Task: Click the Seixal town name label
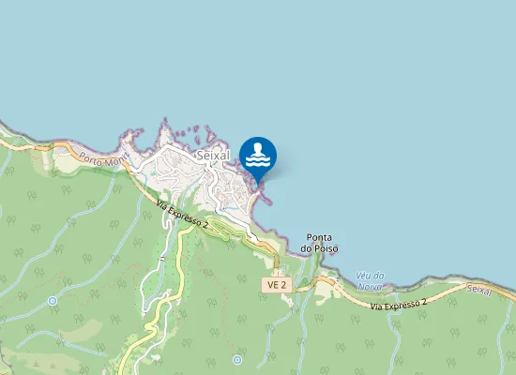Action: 214,155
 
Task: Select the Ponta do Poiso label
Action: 319,243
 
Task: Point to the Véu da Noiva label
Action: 369,280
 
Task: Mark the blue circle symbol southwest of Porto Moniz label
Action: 53,301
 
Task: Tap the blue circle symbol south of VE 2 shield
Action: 237,359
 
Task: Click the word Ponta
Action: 319,237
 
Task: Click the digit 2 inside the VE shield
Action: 281,283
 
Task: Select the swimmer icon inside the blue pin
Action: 258,153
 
